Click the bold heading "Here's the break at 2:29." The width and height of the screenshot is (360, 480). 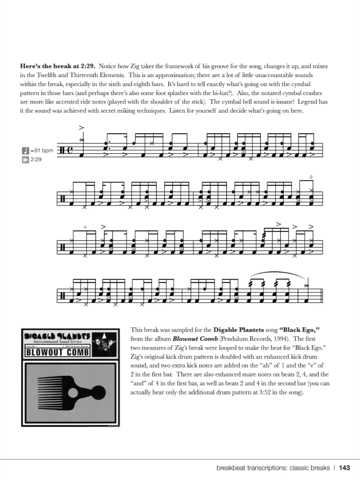[x=58, y=66]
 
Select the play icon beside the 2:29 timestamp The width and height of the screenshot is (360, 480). [x=25, y=159]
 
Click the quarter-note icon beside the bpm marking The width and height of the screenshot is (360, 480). [x=25, y=150]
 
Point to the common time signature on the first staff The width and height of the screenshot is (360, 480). [x=70, y=150]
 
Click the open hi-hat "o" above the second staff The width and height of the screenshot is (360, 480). [x=311, y=177]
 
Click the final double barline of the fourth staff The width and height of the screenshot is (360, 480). [x=321, y=297]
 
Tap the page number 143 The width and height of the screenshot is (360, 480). [x=344, y=468]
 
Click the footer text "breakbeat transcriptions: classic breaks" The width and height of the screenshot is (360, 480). [x=273, y=468]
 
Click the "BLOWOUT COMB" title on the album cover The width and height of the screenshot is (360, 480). [x=58, y=353]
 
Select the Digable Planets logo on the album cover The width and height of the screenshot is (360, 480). [x=57, y=336]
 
